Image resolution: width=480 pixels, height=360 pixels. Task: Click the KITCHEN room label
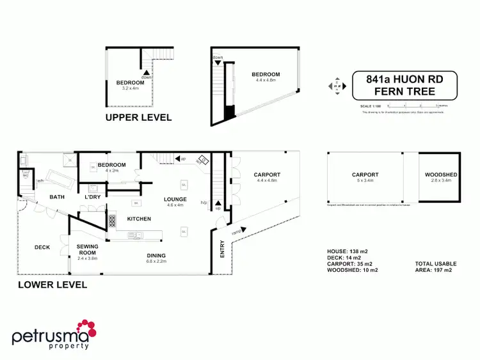click(x=139, y=219)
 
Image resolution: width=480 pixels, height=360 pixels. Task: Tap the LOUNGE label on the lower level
click(x=175, y=200)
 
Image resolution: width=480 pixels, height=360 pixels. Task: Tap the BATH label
click(x=58, y=197)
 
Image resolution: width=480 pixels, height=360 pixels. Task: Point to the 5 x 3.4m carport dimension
click(x=365, y=180)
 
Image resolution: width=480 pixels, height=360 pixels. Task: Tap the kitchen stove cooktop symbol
click(x=112, y=221)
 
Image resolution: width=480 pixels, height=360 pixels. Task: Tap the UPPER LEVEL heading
click(x=138, y=118)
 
